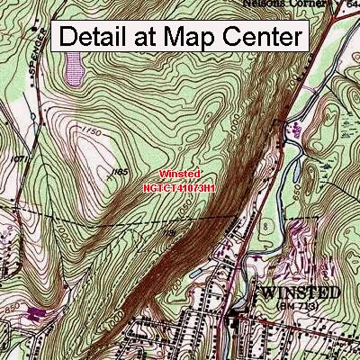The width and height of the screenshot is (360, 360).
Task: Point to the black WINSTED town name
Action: pos(301,293)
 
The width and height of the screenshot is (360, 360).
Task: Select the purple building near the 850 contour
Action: pos(35,313)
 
